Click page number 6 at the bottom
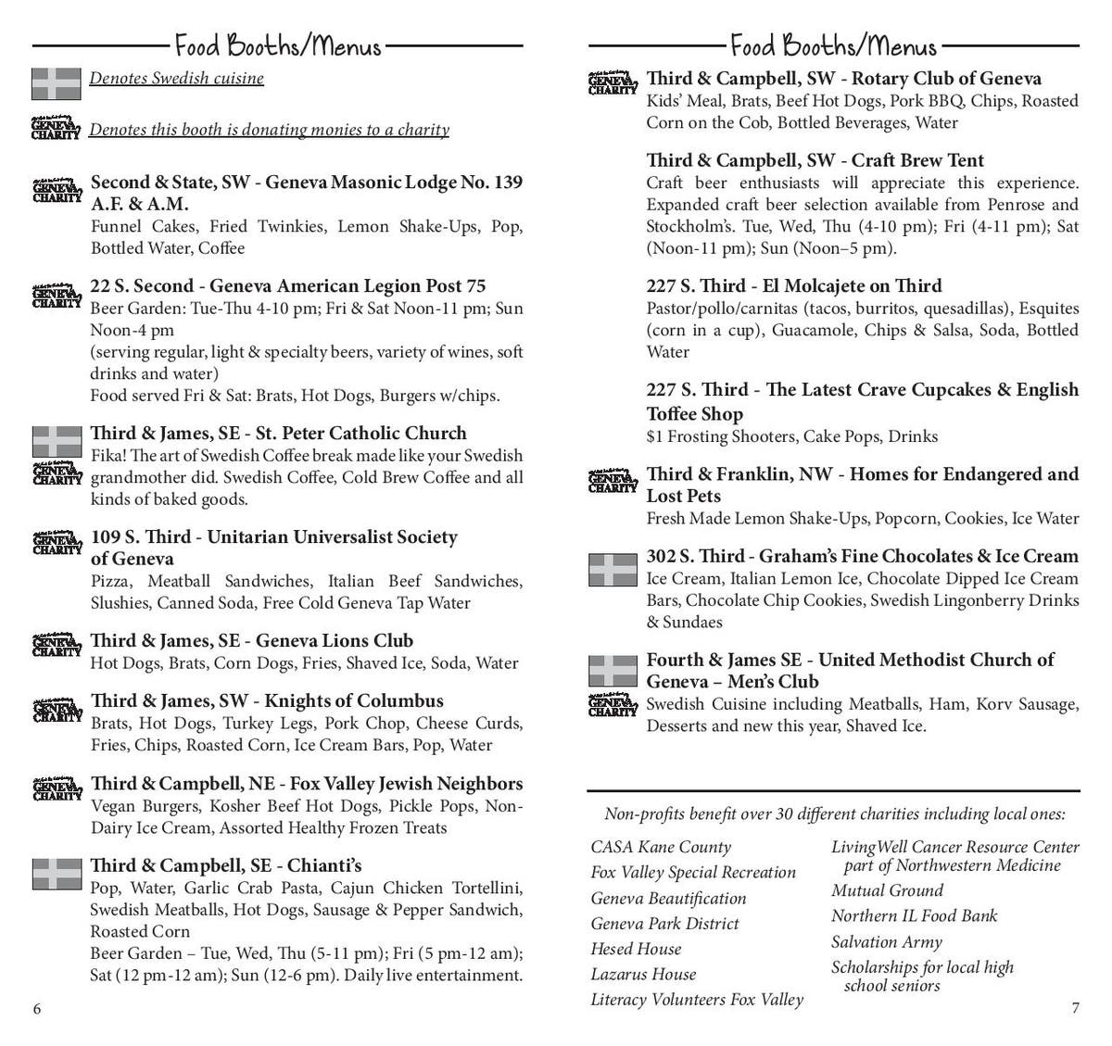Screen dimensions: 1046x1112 click(37, 1009)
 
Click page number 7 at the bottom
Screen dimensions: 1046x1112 click(1075, 1009)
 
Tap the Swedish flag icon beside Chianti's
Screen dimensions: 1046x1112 click(57, 874)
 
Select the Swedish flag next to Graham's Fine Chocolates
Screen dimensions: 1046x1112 click(613, 570)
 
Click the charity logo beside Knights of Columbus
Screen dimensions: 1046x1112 click(57, 710)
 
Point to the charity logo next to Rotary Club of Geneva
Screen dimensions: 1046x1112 click(613, 83)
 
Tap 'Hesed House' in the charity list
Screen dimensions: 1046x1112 click(636, 949)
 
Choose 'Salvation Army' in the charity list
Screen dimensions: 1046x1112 click(886, 941)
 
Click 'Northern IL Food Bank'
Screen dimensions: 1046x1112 click(914, 915)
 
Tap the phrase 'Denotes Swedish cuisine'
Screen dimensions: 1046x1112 click(176, 78)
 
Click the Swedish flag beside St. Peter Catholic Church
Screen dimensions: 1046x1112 click(57, 438)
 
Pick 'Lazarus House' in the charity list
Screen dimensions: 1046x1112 click(643, 974)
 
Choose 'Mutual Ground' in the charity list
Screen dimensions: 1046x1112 click(887, 890)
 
